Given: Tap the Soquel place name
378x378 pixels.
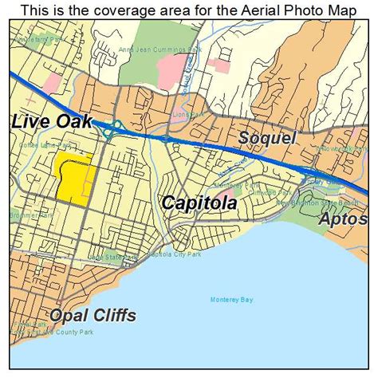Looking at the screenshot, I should coord(268,138).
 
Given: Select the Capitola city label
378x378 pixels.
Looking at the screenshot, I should coord(199,203).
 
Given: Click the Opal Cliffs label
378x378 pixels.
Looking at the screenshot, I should coord(92,315).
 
